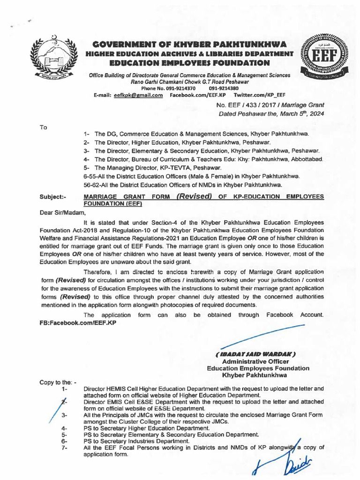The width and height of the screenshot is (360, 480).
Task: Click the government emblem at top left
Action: coord(53,57)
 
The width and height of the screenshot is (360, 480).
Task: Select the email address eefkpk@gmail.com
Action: coord(135,95)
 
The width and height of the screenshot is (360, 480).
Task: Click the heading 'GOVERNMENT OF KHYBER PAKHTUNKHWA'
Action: coord(189,45)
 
